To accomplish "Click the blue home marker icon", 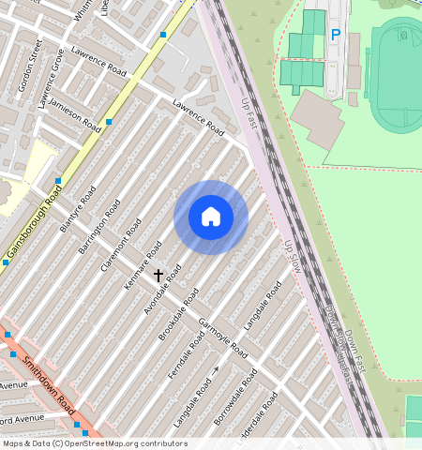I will [x=211, y=217].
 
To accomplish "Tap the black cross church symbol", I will [x=158, y=276].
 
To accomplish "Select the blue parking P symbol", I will [x=335, y=36].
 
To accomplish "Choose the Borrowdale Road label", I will [x=236, y=394].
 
